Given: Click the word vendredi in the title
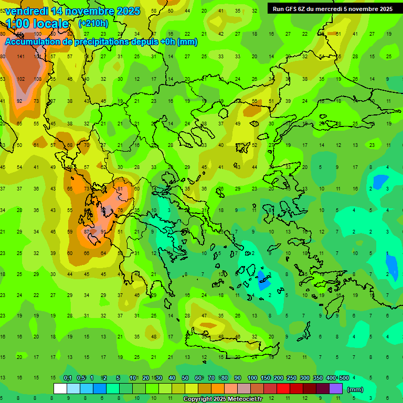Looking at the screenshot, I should pos(26,11).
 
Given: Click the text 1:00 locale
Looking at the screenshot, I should pos(38,24).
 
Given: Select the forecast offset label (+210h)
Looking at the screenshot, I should pos(93,24).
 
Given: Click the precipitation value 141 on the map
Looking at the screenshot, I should pos(21,57).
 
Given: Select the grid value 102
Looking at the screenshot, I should pos(21,79).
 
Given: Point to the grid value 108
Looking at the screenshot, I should pos(38,79).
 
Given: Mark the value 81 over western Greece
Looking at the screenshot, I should pos(120,188).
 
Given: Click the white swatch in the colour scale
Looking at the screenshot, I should pos(60,388).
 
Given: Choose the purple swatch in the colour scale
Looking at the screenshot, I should pos(336,388).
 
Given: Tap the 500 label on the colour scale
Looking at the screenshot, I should pos(344,378).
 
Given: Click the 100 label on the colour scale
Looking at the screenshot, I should pos(252,378).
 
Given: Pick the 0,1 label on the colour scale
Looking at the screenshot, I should pos(68,378).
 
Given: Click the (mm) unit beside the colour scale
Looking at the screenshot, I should pos(355,389).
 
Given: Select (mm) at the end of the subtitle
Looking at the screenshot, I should pos(187,41).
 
